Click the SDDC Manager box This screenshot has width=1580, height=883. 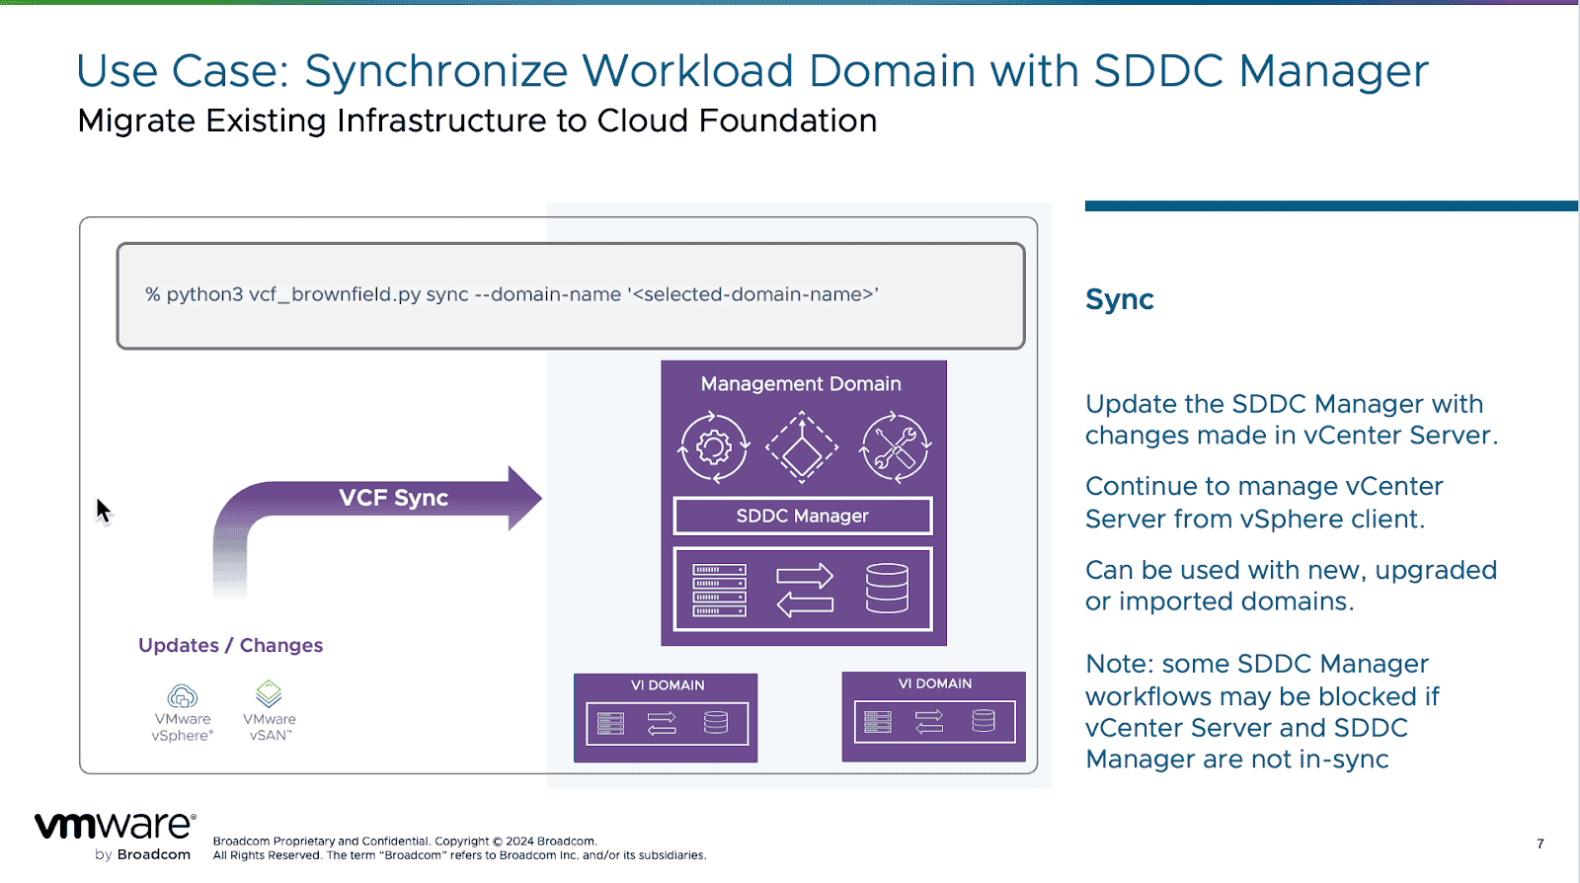802,516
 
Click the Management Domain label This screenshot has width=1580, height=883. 801,384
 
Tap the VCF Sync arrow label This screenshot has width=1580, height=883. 393,498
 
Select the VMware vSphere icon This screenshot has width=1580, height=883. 183,696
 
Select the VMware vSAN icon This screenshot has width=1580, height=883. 269,693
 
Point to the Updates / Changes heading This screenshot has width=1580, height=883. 230,645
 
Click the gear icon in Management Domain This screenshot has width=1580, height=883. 714,448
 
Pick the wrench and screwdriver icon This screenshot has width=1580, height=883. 895,448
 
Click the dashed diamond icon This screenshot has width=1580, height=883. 802,448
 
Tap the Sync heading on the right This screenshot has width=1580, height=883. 1119,299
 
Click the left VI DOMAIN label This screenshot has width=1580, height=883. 668,685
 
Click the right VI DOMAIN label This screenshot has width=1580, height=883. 934,683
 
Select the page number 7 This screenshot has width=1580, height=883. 1540,843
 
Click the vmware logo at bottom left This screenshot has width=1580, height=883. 115,827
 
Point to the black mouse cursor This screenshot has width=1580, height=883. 103,511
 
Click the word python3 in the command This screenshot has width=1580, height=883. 204,294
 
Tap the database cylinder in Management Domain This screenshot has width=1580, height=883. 886,589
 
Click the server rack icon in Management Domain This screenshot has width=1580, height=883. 719,590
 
